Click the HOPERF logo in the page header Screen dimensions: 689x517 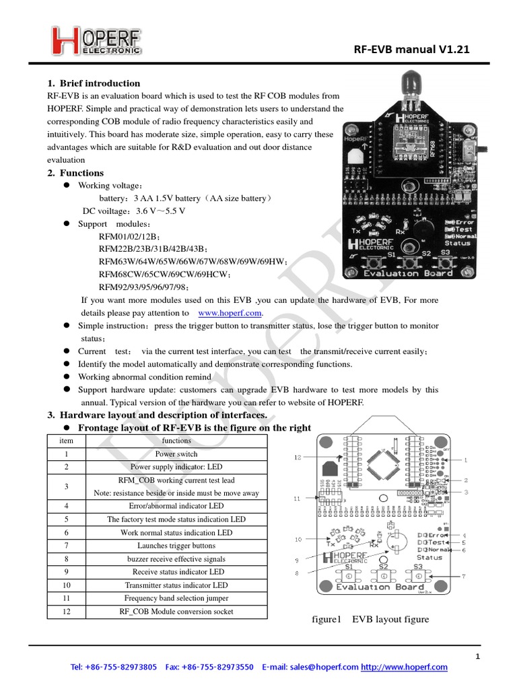pyautogui.click(x=96, y=40)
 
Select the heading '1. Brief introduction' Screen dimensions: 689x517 pyautogui.click(x=94, y=83)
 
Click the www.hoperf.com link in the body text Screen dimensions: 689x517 pyautogui.click(x=231, y=313)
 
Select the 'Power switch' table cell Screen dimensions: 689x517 pyautogui.click(x=177, y=454)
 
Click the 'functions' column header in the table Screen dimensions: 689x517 pyautogui.click(x=177, y=441)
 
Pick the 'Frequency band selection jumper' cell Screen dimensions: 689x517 pyautogui.click(x=177, y=597)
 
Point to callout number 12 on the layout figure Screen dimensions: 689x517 pyautogui.click(x=298, y=457)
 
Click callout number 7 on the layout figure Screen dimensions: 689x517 pyautogui.click(x=463, y=577)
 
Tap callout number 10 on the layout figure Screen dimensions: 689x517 pyautogui.click(x=298, y=540)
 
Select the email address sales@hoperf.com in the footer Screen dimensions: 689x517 pyautogui.click(x=324, y=667)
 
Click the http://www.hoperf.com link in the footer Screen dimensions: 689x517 pyautogui.click(x=404, y=667)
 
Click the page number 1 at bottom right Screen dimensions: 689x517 pyautogui.click(x=477, y=656)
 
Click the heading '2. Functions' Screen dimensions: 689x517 pyautogui.click(x=75, y=173)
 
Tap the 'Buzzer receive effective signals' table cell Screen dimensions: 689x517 pyautogui.click(x=177, y=558)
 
